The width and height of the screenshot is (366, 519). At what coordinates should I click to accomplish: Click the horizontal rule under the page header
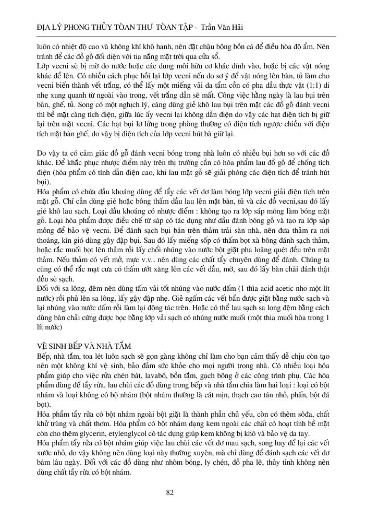pos(183,37)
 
